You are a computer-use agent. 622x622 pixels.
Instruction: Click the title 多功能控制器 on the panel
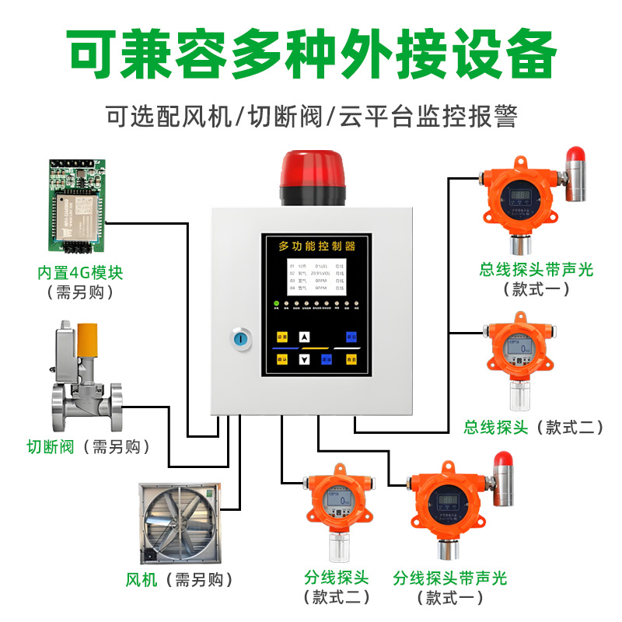pos(316,246)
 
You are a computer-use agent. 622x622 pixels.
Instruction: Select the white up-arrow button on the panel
pos(305,337)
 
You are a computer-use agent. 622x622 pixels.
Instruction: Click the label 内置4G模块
pos(81,274)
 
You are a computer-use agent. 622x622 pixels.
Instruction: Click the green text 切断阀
pos(50,446)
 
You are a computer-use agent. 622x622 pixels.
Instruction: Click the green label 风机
pos(142,579)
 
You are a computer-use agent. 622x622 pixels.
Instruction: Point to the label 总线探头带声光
pos(536,270)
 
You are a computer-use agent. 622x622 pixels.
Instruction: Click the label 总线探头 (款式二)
pos(533,427)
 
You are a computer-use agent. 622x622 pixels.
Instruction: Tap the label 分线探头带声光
pos(450,578)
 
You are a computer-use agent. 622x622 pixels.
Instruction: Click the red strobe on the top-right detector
pos(575,158)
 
